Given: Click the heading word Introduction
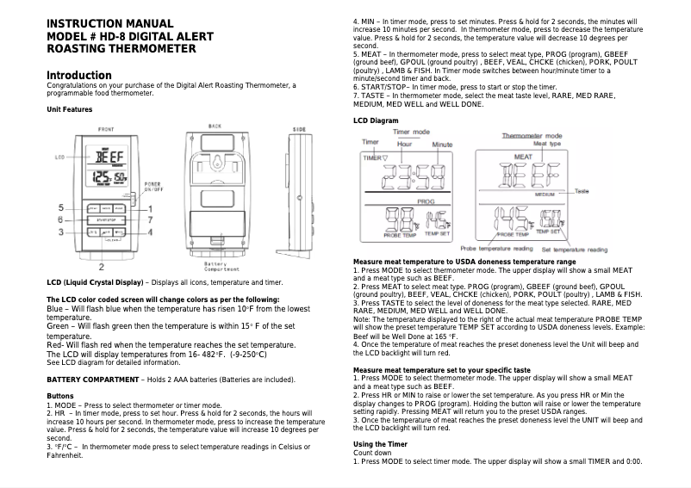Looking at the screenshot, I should click(78, 75).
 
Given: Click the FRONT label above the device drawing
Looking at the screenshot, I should click(106, 128).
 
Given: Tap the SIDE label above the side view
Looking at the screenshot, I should click(300, 128).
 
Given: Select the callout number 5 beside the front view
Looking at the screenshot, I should click(61, 208).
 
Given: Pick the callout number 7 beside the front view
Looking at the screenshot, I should click(152, 220).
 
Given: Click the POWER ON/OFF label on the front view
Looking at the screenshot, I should click(152, 186).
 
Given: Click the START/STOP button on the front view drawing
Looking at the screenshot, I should click(106, 220).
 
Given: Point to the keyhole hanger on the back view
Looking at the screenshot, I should click(216, 163).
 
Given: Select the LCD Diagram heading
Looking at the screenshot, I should click(377, 120).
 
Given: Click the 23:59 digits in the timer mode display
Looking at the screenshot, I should click(415, 178).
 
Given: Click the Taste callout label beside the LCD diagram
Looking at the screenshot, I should click(582, 190).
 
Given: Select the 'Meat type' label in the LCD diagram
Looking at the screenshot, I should click(546, 143).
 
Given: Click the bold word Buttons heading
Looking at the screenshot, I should click(59, 395).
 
